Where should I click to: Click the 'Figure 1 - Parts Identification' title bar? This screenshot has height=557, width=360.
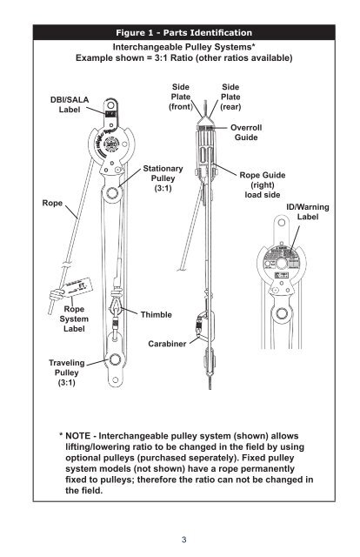pos(179,33)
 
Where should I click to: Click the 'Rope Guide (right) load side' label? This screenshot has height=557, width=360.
pos(257,185)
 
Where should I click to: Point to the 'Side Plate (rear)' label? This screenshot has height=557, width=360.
pos(231,98)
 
